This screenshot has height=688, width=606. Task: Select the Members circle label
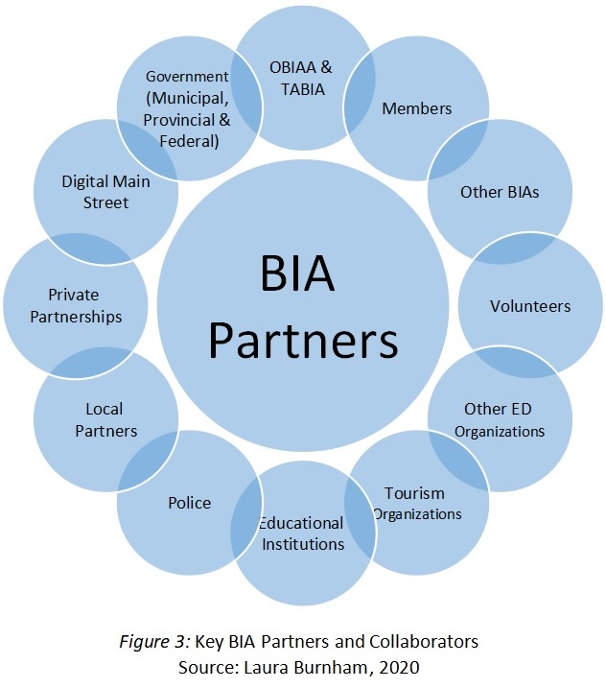pos(416,107)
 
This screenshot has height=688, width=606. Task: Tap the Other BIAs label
pos(500,192)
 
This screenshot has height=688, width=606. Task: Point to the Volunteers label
pos(530,306)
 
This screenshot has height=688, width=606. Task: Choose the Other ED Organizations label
pos(499,419)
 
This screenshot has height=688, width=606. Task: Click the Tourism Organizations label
pos(416,503)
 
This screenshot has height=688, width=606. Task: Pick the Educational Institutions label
pos(300,534)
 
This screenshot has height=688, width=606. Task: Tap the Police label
pos(189,503)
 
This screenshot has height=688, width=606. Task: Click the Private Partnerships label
pos(73,305)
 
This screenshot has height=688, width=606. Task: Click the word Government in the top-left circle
pos(186,76)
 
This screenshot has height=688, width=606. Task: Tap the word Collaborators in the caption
pos(431,641)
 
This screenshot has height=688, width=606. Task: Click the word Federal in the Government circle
pos(188,141)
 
